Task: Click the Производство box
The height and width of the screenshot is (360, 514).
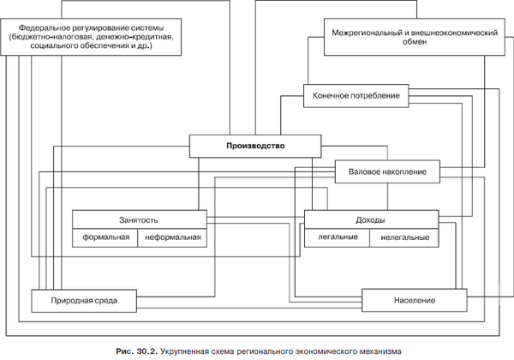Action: coord(255,147)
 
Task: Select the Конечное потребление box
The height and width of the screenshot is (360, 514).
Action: coord(352,95)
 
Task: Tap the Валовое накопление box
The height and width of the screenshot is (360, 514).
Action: coord(393,171)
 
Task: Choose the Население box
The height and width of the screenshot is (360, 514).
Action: coord(416,301)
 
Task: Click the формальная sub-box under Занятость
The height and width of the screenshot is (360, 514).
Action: coord(106,237)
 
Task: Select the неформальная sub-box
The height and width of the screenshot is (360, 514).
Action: coord(173,237)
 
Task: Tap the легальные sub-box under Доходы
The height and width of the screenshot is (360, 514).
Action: coord(337,237)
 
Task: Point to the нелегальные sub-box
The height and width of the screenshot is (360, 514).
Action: coord(403,237)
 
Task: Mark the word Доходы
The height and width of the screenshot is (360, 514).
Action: coord(371,219)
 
